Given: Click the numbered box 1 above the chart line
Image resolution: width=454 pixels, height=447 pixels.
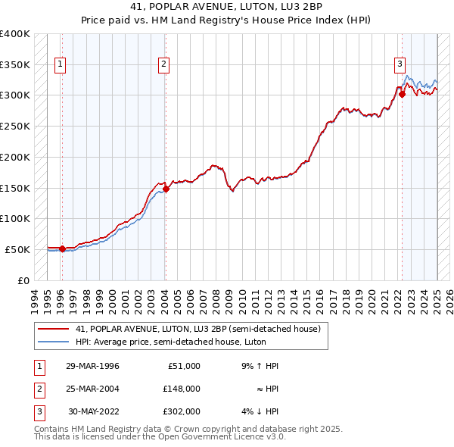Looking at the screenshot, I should (x=60, y=65).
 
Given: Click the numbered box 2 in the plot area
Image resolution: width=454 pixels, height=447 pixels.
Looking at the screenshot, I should (x=163, y=65).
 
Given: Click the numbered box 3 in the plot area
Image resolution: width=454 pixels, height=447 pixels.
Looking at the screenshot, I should (x=399, y=65).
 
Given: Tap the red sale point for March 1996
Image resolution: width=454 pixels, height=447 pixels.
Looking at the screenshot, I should (x=62, y=249).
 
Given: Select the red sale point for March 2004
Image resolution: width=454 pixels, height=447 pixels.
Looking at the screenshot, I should (x=166, y=189).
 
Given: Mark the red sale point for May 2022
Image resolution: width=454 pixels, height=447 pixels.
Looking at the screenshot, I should (x=403, y=94).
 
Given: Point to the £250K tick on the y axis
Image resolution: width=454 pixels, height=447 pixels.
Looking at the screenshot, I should (x=15, y=126).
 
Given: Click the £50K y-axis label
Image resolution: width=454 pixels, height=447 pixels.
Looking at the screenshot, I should (x=18, y=249).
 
